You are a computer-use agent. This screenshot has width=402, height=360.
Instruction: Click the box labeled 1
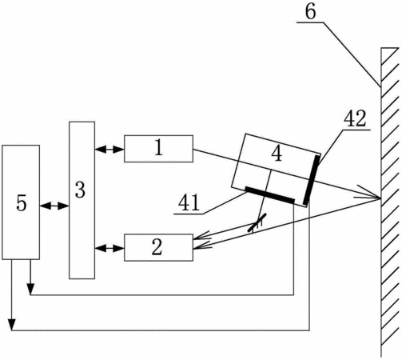point(158,149)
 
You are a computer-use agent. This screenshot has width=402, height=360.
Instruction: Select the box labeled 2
point(158,247)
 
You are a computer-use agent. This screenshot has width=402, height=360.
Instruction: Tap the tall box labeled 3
point(82,200)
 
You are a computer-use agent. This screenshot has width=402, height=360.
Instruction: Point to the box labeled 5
point(21,202)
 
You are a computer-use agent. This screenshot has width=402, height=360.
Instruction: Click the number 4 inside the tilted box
point(277,154)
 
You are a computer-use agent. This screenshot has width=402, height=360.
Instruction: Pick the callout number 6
point(311,12)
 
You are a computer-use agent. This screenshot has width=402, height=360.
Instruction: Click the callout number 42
point(355,118)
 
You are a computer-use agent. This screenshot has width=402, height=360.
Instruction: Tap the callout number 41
point(189,202)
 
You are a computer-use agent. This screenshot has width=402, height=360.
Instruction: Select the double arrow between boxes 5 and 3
point(54,206)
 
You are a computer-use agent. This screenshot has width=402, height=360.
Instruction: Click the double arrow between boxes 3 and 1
point(109,150)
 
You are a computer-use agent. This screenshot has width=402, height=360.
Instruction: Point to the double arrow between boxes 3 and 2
point(109,249)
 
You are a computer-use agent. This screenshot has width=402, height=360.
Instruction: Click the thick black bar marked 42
point(312,180)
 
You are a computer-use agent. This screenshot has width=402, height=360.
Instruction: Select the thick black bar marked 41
point(270,195)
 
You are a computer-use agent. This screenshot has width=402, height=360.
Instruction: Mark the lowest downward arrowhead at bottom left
point(11,325)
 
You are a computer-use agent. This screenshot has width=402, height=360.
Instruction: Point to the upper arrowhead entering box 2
point(201,235)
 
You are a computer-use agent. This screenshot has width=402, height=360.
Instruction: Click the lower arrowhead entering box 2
point(202,246)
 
